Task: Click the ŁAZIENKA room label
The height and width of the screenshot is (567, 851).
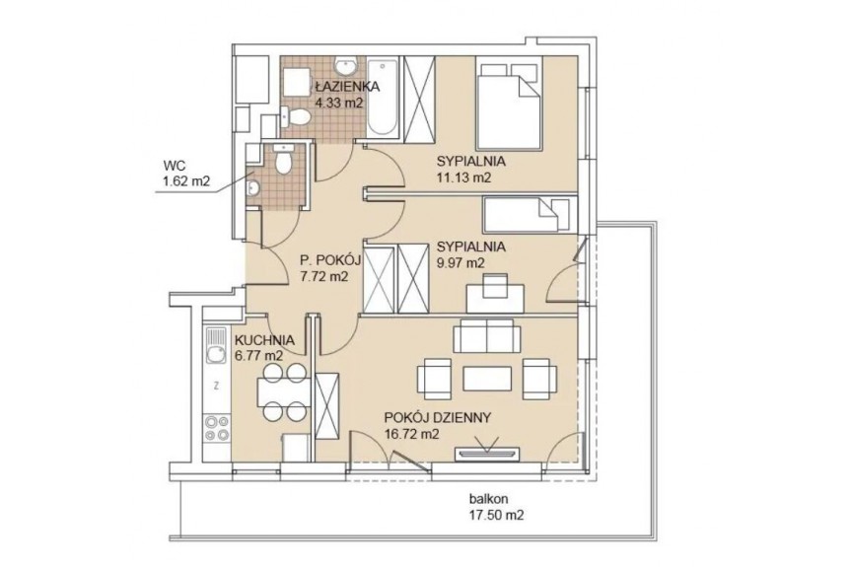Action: tap(347, 86)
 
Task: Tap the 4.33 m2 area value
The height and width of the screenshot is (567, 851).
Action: tap(338, 103)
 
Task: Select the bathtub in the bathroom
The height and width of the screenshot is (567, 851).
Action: tap(383, 98)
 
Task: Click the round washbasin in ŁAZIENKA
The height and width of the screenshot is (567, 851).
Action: tap(344, 67)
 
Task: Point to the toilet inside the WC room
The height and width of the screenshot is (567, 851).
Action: tap(283, 159)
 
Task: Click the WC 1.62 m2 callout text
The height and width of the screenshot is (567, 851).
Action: tap(186, 174)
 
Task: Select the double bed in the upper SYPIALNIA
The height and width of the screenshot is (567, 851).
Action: tap(509, 104)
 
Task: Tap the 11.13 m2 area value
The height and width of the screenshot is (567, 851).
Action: tap(464, 177)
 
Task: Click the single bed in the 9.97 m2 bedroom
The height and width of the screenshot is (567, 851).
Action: tap(527, 214)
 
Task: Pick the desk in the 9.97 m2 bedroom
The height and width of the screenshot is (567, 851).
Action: tap(495, 299)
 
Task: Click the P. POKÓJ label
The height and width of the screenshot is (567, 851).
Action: tap(330, 261)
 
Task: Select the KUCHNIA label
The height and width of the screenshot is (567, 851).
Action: tap(264, 341)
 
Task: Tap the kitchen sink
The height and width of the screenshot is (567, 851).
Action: tap(216, 347)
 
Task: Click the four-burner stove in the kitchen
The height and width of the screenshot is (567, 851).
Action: tap(216, 428)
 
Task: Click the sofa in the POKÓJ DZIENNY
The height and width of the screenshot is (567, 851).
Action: tap(487, 335)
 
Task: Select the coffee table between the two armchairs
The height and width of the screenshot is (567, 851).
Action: tap(487, 379)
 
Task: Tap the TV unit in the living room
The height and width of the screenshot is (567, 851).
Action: tap(487, 454)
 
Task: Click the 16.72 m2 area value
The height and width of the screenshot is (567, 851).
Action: tap(412, 434)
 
